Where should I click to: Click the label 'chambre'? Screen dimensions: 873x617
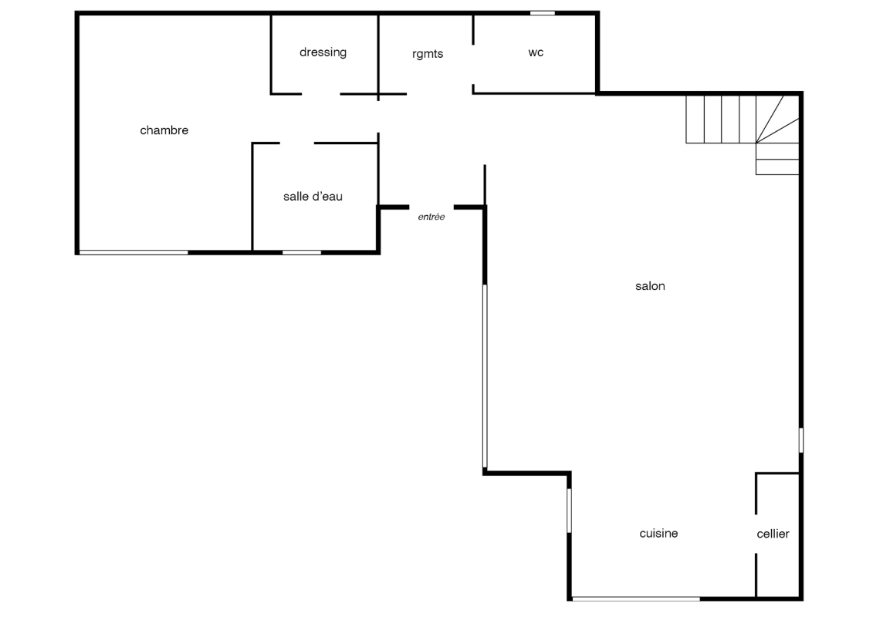[164, 130]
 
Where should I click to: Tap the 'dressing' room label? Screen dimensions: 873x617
[323, 52]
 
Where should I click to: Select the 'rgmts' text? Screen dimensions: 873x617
[428, 54]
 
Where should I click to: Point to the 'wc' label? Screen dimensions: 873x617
[536, 52]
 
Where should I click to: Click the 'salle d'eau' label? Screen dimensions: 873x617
[313, 197]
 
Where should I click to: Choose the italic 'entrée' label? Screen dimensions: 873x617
[431, 217]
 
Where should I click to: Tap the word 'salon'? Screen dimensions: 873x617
[650, 286]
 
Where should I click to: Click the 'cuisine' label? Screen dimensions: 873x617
[658, 534]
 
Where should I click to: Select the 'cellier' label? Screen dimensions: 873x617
[773, 534]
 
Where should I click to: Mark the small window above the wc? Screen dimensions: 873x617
[543, 13]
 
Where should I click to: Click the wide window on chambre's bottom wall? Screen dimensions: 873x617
[134, 253]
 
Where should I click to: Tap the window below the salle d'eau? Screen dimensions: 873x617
[302, 253]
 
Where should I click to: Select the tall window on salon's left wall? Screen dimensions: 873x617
[485, 376]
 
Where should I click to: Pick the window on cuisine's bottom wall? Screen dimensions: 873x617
[636, 598]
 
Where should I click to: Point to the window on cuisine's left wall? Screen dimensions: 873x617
[569, 510]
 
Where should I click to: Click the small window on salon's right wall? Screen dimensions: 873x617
[801, 440]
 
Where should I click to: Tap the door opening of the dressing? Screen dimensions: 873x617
[320, 94]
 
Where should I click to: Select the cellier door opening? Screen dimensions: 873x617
[756, 534]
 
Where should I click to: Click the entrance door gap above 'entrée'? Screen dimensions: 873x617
[431, 207]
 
